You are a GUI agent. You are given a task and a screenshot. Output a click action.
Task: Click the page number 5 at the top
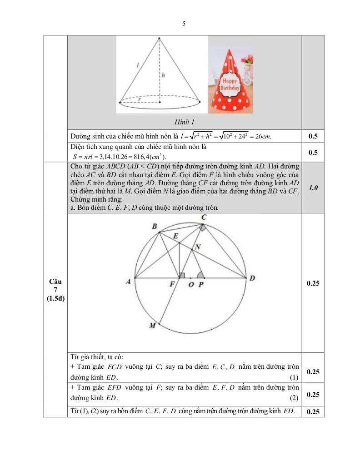coord(184,24)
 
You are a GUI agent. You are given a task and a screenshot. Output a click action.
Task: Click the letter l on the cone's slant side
coord(138,65)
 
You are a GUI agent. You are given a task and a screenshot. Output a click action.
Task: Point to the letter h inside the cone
coord(163,77)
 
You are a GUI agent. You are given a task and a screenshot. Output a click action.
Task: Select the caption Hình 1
coord(184,122)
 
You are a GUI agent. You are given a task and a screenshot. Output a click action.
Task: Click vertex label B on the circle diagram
coord(155,227)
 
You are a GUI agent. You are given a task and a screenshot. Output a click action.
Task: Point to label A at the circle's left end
coord(129,282)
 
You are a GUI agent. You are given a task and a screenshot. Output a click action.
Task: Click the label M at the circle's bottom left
coord(153,325)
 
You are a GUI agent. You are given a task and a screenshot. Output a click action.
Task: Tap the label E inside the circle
coord(175,236)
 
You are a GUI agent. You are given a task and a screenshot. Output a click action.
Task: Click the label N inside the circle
coord(197,247)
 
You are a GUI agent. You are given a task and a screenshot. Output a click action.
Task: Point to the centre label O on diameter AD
coord(190,284)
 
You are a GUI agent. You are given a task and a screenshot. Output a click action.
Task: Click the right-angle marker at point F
coord(181,275)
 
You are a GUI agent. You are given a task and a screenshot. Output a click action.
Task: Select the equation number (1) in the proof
coord(294,377)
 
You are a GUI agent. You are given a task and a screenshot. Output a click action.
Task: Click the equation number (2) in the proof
coord(294,398)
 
